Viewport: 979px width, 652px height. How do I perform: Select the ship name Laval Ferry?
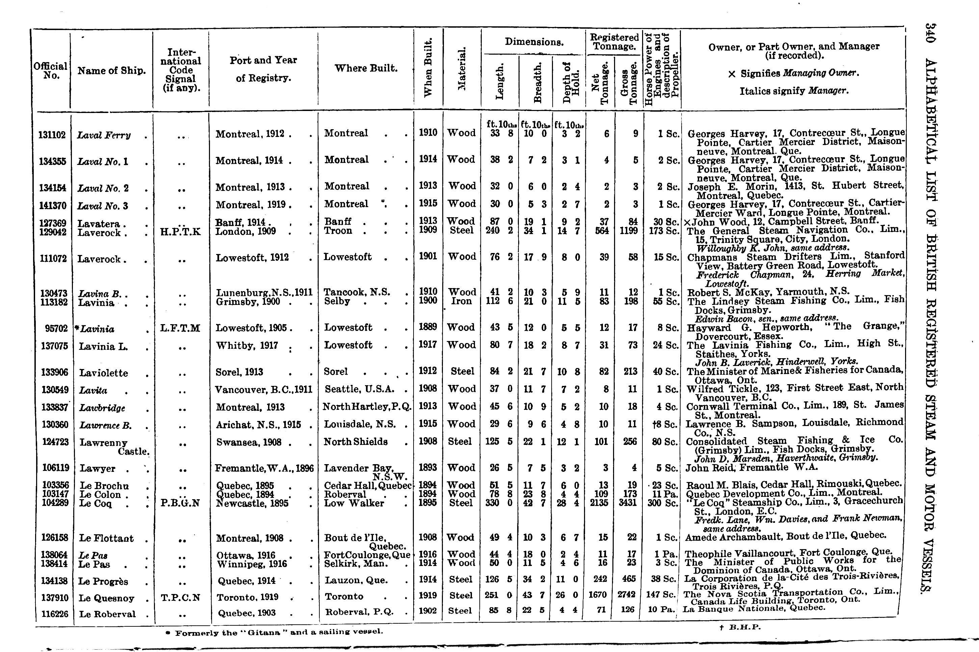[x=104, y=135]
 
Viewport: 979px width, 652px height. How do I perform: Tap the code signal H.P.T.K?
[x=180, y=232]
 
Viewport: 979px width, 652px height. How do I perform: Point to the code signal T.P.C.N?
[x=180, y=598]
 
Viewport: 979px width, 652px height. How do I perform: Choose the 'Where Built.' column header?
[x=366, y=68]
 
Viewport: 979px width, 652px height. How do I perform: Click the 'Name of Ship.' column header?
[x=111, y=71]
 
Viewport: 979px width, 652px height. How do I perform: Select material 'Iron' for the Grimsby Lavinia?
[x=461, y=301]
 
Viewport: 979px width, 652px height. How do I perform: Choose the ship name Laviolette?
[x=104, y=373]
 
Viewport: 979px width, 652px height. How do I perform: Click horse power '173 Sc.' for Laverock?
[x=664, y=231]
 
